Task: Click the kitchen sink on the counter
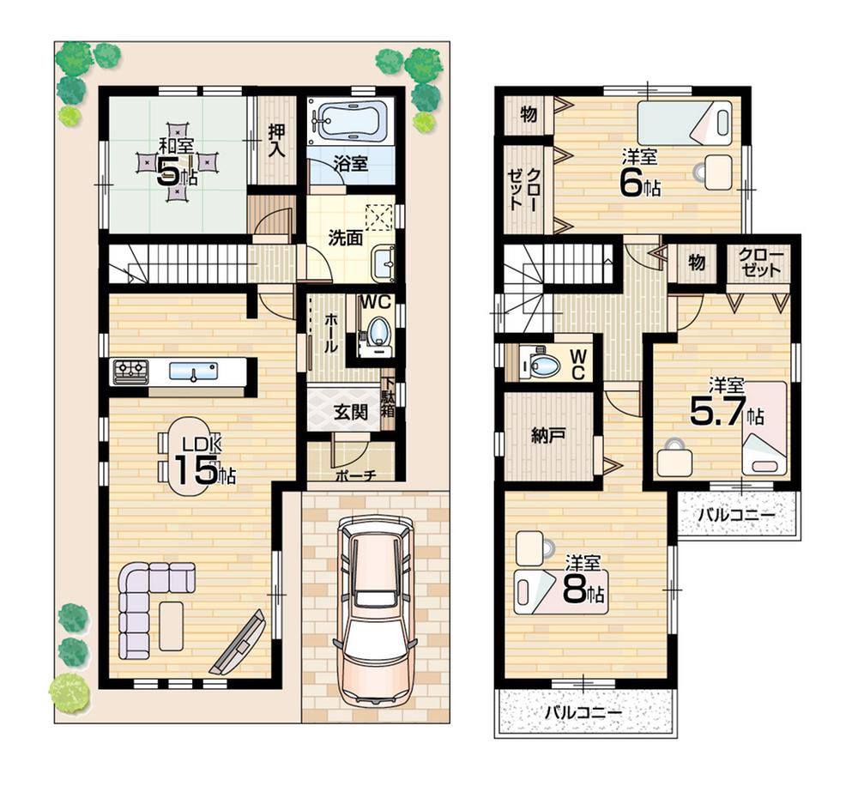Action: click(193, 372)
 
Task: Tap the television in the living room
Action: click(239, 643)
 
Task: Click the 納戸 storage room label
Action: click(547, 435)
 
